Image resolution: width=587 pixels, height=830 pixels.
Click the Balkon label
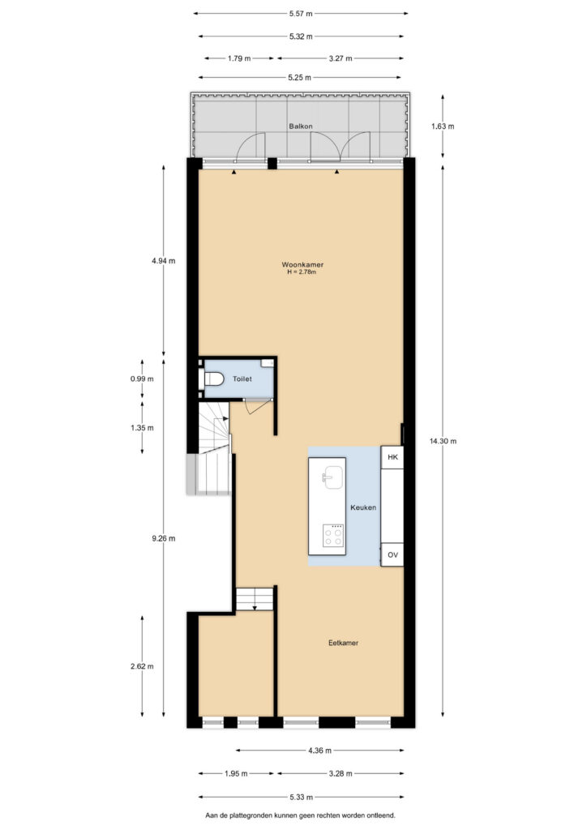tap(301, 126)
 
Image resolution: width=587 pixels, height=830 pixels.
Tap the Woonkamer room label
tap(302, 265)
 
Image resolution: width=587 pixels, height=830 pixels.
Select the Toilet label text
tap(242, 379)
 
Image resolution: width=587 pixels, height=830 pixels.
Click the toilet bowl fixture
tap(212, 379)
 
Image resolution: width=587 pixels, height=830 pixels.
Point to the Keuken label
tap(363, 507)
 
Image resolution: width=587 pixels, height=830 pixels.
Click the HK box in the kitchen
tap(392, 457)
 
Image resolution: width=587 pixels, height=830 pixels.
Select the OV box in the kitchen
tap(392, 554)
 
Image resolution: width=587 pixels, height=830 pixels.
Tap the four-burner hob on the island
tap(333, 536)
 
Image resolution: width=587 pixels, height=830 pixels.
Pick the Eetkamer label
tap(344, 643)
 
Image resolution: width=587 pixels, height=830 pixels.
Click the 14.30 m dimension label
tap(443, 441)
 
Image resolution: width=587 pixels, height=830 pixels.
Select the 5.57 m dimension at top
tap(301, 14)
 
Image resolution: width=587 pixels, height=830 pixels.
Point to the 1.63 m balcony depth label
tap(443, 126)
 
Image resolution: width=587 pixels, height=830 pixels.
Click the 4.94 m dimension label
tap(164, 261)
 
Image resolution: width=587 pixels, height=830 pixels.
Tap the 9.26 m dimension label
tap(164, 538)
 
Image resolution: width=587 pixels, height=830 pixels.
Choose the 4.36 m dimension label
tap(319, 750)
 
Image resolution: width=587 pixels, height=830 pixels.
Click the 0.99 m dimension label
tap(143, 379)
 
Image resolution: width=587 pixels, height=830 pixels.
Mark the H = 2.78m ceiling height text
tap(302, 272)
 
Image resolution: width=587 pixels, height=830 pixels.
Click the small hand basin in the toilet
tap(268, 362)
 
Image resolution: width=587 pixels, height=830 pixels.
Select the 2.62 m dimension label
tap(143, 666)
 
